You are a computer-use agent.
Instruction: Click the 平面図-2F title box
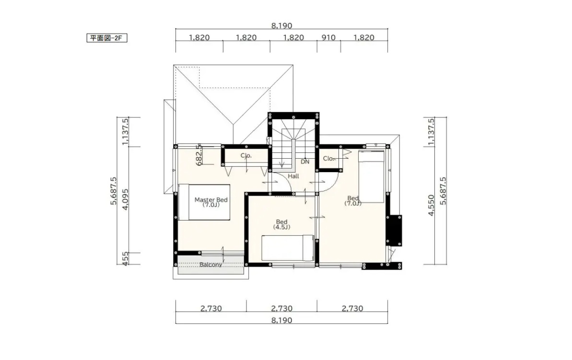[x=107, y=38]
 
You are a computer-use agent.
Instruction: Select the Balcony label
[x=210, y=265]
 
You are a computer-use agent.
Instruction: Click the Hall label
[x=293, y=176]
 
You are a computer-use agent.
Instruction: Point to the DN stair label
[x=305, y=162]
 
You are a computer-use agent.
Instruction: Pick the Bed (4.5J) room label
[x=281, y=224]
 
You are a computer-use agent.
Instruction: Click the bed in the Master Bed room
[x=204, y=202]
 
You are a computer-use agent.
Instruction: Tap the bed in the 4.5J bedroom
[x=288, y=248]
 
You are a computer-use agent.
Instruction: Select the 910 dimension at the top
[x=328, y=37]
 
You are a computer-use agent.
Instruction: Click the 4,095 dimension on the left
[x=125, y=199]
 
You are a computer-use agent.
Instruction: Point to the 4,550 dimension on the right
[x=431, y=205]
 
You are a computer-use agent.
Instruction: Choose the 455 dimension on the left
[x=125, y=258]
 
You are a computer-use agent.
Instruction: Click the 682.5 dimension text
[x=199, y=155]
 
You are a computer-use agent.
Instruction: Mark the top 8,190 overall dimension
[x=281, y=25]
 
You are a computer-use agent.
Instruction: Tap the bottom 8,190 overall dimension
[x=281, y=320]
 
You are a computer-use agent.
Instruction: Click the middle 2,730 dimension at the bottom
[x=281, y=309]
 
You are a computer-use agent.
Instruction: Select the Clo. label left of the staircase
[x=246, y=156]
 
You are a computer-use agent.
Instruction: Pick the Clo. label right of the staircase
[x=328, y=159]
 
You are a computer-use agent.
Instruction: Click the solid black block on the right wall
[x=394, y=231]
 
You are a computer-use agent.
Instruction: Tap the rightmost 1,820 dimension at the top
[x=364, y=37]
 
